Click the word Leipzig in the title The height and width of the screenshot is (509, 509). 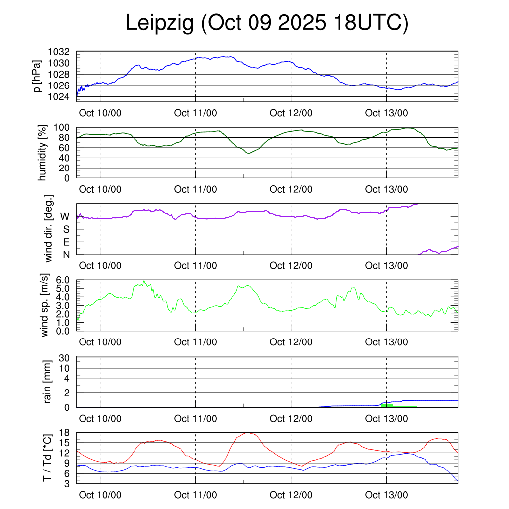pyautogui.click(x=160, y=24)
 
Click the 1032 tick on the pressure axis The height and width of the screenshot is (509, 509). pyautogui.click(x=59, y=52)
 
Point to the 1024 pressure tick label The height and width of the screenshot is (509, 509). pyautogui.click(x=59, y=96)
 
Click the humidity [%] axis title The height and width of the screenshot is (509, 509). pyautogui.click(x=43, y=153)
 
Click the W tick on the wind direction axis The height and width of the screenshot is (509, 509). pyautogui.click(x=65, y=216)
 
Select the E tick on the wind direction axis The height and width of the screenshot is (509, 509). pyautogui.click(x=66, y=242)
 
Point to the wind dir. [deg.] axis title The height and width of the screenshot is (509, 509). pyautogui.click(x=49, y=229)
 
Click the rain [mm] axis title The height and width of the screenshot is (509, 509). pyautogui.click(x=48, y=382)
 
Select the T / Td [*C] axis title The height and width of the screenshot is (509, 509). pyautogui.click(x=48, y=457)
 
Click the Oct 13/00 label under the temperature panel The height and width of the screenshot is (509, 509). pyautogui.click(x=386, y=495)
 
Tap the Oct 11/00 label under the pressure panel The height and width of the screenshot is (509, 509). pyautogui.click(x=195, y=113)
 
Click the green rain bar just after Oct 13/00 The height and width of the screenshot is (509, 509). pyautogui.click(x=387, y=405)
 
